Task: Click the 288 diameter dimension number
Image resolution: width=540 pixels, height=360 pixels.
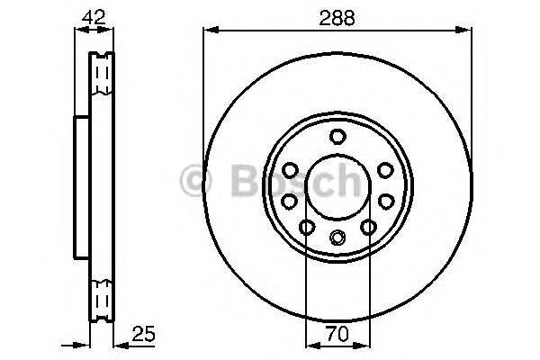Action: (x=337, y=15)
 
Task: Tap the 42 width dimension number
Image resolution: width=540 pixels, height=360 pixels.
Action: (x=94, y=15)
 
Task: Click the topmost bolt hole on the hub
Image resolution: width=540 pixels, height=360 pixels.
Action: (x=337, y=137)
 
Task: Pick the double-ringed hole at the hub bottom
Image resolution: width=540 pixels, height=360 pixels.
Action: (x=337, y=238)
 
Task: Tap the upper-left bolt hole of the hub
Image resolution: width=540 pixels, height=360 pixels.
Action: (x=291, y=170)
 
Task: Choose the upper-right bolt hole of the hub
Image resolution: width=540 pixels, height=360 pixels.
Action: (x=384, y=170)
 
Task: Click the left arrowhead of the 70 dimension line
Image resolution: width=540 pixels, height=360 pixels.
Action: (x=310, y=346)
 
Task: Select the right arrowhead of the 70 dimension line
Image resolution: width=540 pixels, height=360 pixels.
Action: (x=364, y=346)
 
